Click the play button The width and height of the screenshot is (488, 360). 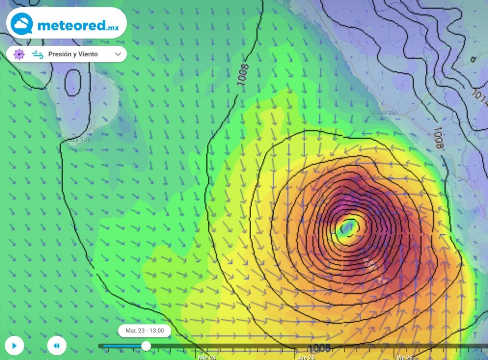click(14, 346)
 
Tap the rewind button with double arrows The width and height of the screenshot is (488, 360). click(56, 346)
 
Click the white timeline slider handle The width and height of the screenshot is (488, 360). click(146, 346)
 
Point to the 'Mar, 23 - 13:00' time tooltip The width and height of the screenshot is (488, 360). click(145, 331)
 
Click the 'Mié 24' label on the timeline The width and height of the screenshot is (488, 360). click(207, 357)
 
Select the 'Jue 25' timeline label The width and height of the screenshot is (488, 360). click(306, 357)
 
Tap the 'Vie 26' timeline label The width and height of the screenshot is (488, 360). click(405, 357)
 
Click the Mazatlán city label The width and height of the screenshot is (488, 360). click(384, 113)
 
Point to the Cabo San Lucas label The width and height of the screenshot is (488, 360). click(77, 144)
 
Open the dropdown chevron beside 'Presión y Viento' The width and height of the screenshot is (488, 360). click(118, 54)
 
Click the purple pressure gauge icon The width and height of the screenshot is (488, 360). click(19, 54)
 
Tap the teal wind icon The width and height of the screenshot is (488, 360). click(38, 54)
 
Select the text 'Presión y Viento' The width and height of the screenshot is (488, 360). click(73, 54)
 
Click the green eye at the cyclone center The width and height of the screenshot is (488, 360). click(348, 227)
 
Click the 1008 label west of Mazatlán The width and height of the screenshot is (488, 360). click(243, 75)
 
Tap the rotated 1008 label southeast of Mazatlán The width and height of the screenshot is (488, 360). click(438, 137)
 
